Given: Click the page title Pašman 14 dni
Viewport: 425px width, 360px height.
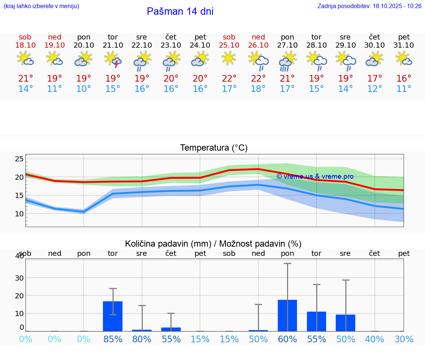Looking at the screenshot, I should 180,11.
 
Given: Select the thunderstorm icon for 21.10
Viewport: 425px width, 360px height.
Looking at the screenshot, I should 113,59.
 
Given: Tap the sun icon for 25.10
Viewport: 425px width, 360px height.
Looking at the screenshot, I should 229,58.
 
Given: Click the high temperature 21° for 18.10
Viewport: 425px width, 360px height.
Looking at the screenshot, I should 25,79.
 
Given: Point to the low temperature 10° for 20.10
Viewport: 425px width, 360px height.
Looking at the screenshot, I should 84,89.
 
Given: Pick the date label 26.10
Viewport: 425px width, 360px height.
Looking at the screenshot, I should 258,45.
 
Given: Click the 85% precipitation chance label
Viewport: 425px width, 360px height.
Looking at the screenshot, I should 113,339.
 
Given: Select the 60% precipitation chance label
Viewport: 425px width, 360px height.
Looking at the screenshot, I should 287,339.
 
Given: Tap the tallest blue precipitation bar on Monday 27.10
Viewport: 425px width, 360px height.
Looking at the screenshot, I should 287,315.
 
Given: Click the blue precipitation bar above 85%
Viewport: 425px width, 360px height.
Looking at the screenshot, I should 113,316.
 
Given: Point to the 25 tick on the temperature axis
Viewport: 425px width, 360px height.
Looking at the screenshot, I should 19,159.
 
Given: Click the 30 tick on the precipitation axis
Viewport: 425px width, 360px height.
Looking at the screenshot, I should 19,278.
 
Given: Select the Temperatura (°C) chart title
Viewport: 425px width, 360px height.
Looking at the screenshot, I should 214,148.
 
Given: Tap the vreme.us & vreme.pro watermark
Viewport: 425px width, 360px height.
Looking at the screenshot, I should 315,176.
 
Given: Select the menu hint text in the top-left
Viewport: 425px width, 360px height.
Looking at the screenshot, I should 41,6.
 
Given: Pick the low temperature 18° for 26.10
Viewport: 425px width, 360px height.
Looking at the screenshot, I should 258,89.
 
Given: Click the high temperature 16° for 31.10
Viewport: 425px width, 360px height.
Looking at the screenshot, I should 404,79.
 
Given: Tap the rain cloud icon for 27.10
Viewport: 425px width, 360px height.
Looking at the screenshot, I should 287,60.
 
